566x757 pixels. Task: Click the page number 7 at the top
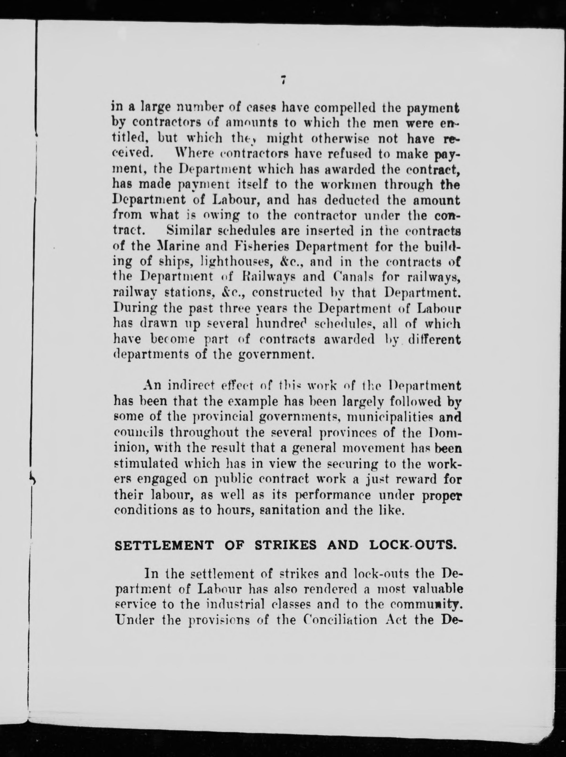click(283, 80)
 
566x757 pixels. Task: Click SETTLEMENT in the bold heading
click(164, 545)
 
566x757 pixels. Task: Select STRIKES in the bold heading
click(286, 545)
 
